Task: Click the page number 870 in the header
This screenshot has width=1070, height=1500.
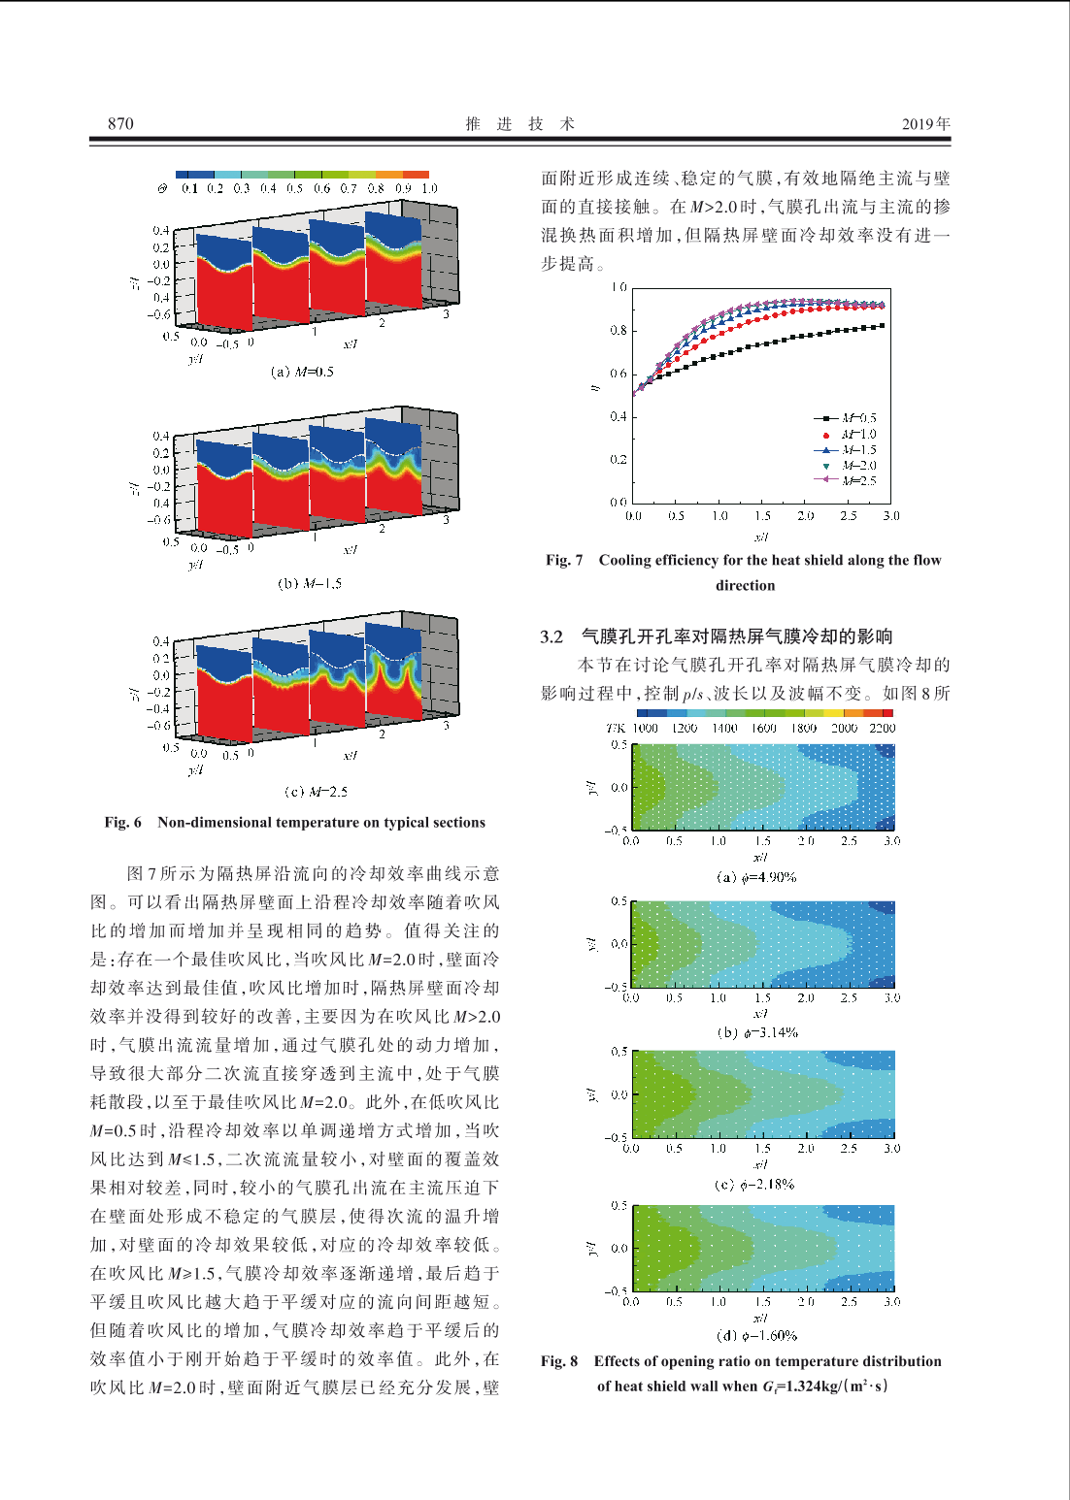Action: tap(120, 123)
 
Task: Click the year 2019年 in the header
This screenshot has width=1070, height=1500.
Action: tap(926, 124)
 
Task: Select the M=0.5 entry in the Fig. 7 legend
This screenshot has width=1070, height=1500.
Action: tap(846, 418)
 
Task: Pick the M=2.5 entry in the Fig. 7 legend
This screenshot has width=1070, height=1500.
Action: tap(846, 480)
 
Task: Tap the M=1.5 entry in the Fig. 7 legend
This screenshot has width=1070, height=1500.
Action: tap(846, 449)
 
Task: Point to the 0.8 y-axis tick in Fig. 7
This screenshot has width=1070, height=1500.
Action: tap(619, 330)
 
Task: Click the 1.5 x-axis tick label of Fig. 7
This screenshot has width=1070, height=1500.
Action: tap(762, 515)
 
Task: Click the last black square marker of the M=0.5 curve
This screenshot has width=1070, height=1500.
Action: tap(883, 325)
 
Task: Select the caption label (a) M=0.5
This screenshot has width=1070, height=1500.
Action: tap(302, 372)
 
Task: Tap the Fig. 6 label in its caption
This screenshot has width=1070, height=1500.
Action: tap(122, 823)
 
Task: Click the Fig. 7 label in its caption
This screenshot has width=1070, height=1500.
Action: tap(564, 560)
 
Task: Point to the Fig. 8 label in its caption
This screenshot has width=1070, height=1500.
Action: tap(559, 1361)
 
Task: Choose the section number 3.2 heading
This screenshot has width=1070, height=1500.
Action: tap(552, 636)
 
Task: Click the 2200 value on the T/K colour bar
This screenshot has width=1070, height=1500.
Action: tap(882, 728)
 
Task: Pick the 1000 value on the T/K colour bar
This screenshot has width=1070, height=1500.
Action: tap(646, 728)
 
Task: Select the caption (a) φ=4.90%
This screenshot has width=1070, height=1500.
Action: tap(756, 877)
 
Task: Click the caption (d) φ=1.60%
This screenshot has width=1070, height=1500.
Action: tap(756, 1336)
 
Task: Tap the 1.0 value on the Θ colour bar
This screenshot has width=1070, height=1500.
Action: tap(429, 189)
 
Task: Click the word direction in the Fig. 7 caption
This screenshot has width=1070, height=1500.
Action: tap(745, 585)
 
